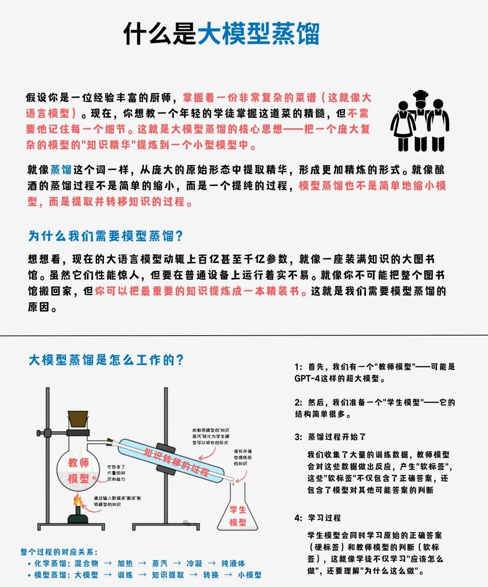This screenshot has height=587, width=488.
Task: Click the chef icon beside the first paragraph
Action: click(420, 120)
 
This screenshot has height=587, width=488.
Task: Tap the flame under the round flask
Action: click(78, 500)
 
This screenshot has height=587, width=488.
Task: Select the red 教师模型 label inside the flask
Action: click(79, 470)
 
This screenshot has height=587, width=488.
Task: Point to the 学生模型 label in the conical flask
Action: click(238, 516)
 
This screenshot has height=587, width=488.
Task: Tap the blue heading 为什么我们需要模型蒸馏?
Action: click(105, 236)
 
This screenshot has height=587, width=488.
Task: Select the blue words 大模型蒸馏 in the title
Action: click(258, 33)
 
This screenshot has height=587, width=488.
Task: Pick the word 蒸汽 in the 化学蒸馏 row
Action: click(160, 563)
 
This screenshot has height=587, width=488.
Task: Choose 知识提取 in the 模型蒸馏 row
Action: click(168, 575)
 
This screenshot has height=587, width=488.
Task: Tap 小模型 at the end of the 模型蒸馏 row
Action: click(249, 575)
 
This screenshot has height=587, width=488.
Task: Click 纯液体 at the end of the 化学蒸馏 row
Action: click(233, 563)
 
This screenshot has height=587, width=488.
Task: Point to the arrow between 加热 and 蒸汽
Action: click(142, 563)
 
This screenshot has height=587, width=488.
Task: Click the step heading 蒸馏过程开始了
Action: click(337, 437)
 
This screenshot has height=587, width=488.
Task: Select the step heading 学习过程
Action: click(324, 518)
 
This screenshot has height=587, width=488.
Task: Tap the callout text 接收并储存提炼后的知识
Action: click(243, 457)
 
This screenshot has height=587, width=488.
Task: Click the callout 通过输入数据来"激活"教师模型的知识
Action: click(117, 501)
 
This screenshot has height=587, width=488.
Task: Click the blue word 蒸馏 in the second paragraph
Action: click(61, 170)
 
